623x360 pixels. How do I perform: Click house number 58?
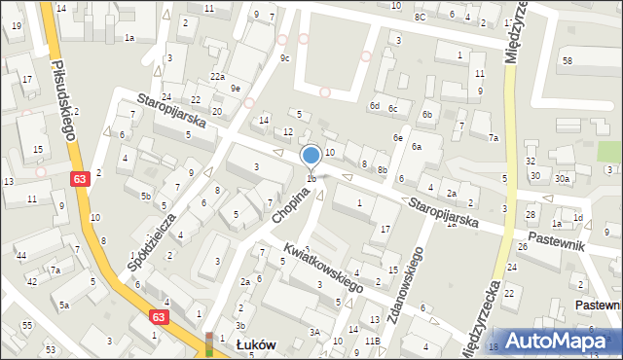568,61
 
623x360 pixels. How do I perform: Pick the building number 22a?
218,77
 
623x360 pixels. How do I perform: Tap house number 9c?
284,58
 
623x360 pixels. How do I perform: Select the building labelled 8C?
420,17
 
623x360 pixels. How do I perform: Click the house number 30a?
562,178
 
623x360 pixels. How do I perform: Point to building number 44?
21,255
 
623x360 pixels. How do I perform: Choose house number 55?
26,323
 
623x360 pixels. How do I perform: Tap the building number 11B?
372,342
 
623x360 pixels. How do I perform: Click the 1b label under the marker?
311,178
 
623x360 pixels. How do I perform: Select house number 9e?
236,89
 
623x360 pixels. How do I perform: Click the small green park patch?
608,153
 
